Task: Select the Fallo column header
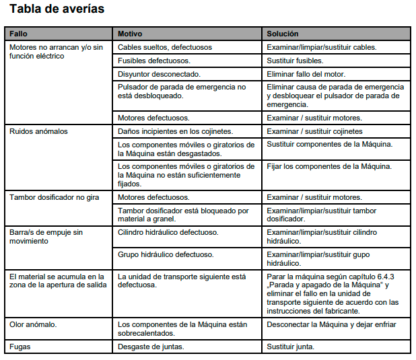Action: pos(20,34)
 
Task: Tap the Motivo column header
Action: pos(130,34)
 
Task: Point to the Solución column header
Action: pos(283,34)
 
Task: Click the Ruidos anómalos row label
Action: pos(38,131)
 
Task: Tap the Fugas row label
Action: pos(20,347)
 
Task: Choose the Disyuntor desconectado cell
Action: pos(159,73)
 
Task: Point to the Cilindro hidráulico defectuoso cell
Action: pos(168,232)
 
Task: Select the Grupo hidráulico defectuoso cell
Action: pos(166,254)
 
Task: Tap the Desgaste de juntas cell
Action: pos(151,347)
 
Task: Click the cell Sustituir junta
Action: pos(291,347)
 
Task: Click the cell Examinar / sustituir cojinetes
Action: pos(314,131)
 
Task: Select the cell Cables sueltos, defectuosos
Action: pos(165,48)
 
